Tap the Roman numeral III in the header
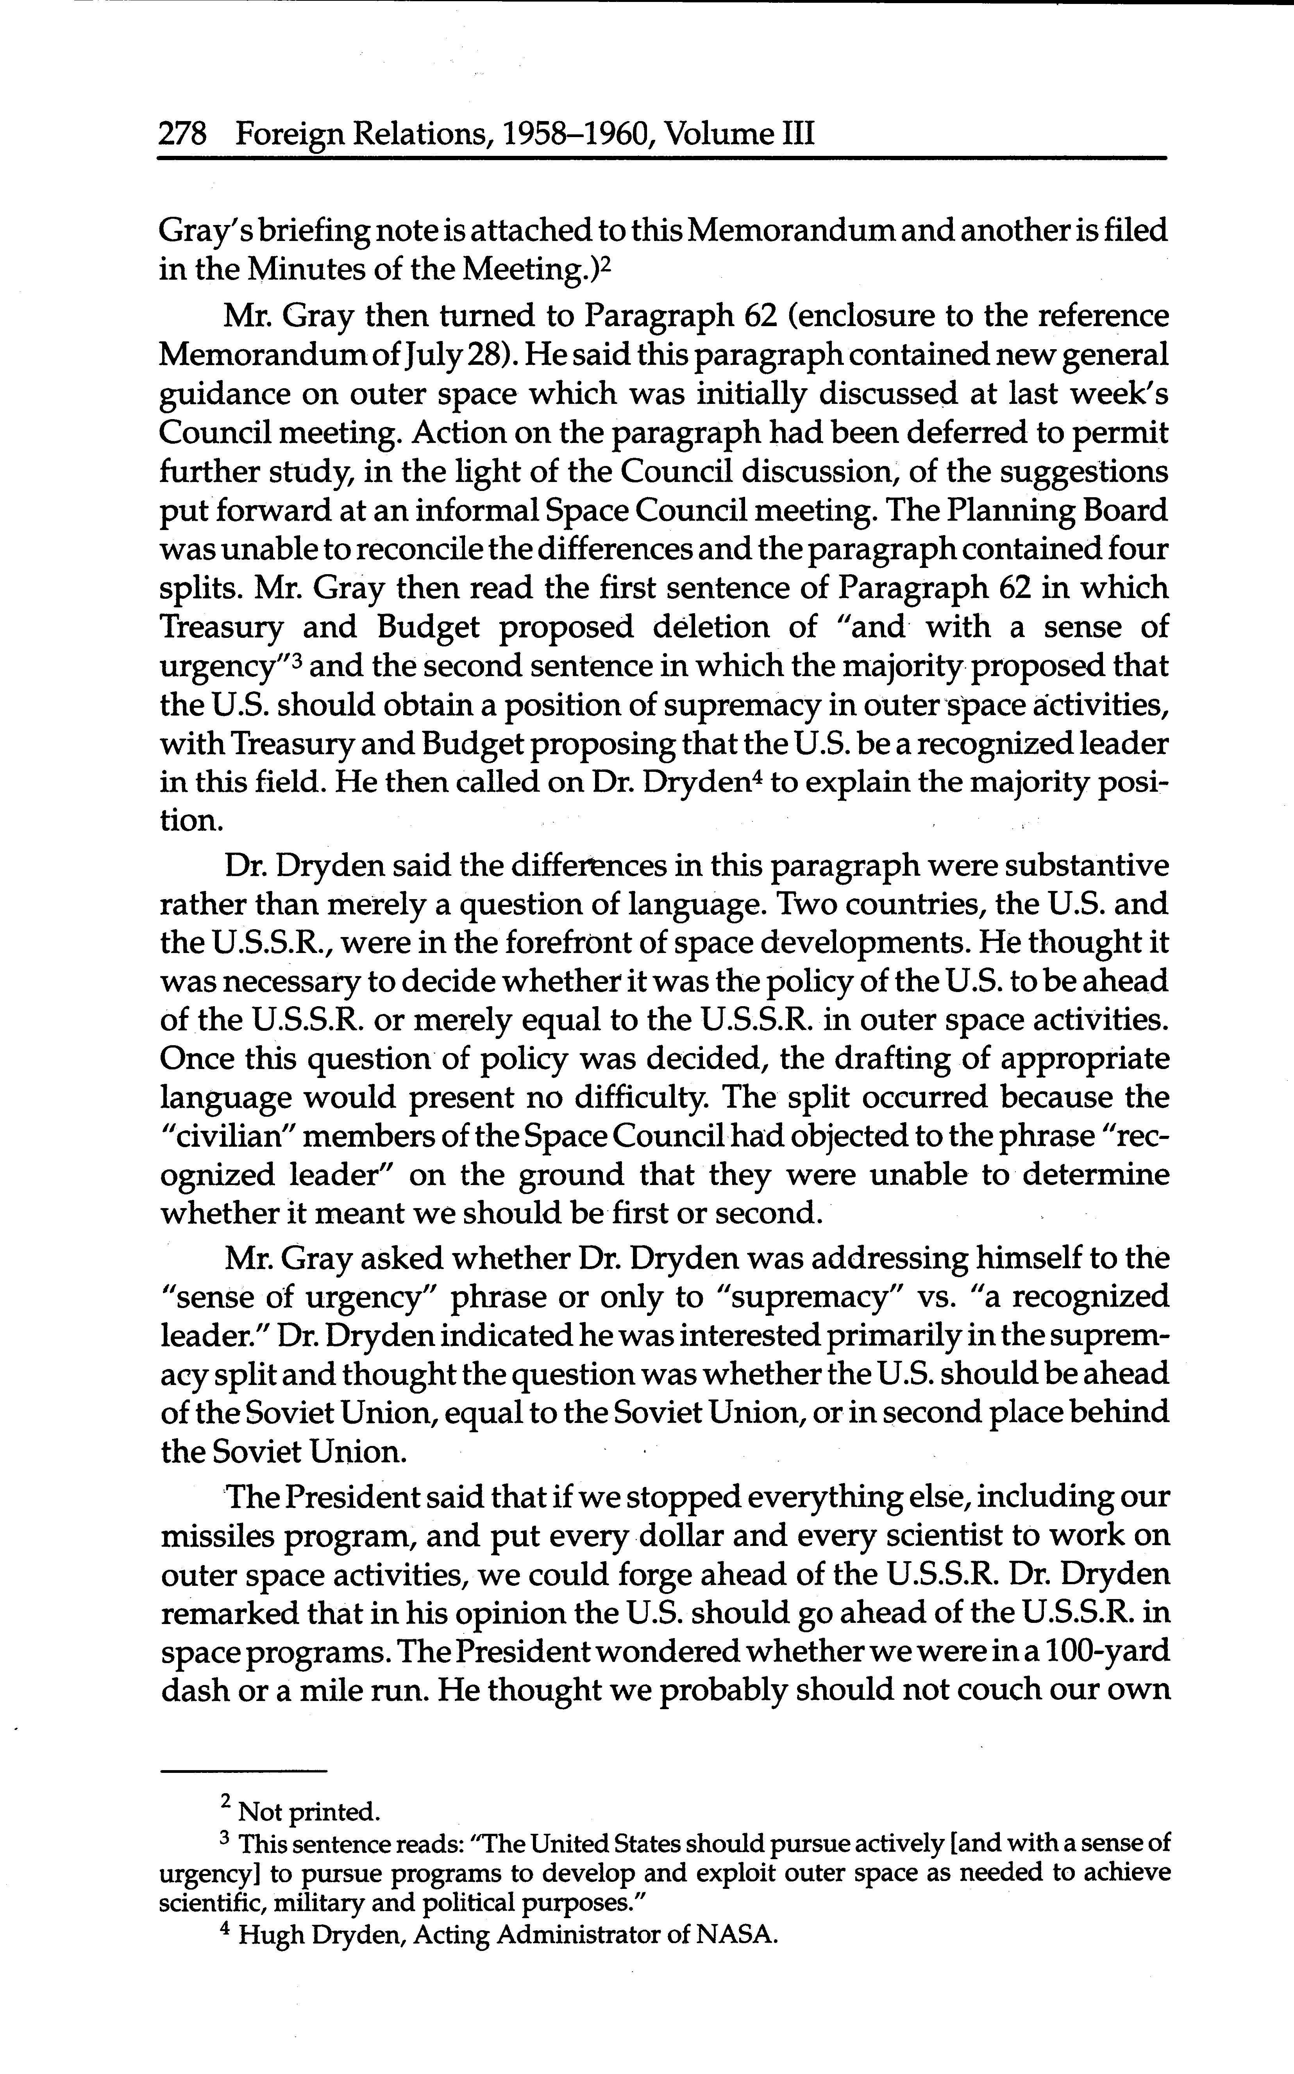pyautogui.click(x=796, y=134)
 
